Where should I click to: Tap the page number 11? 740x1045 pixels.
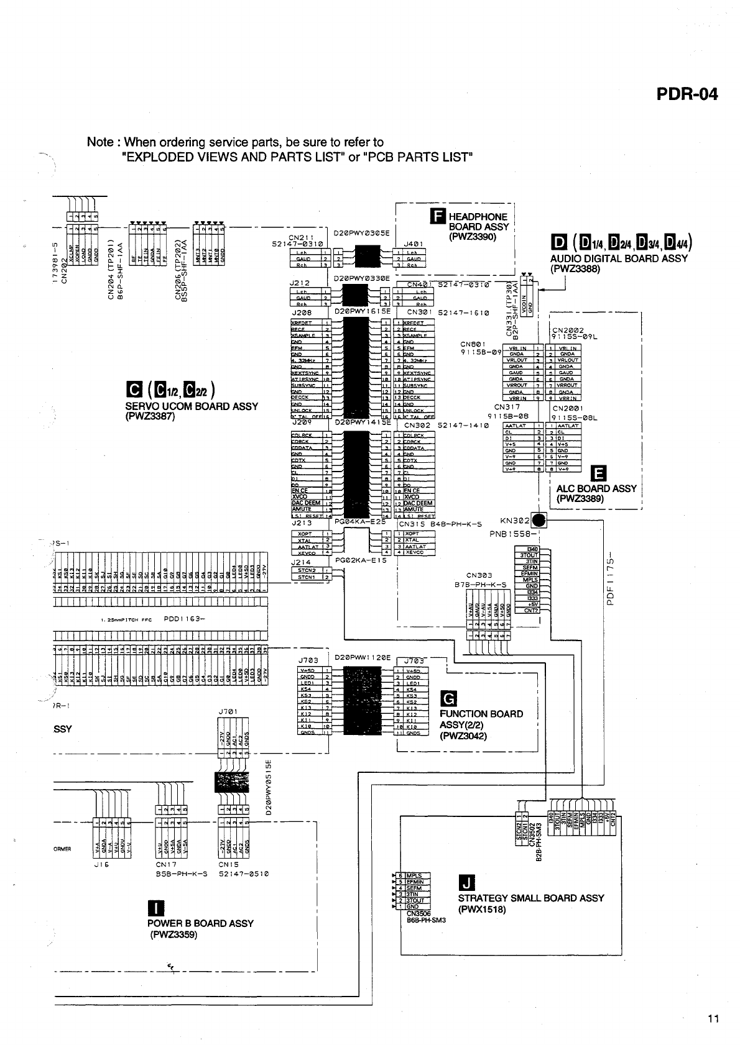click(x=713, y=1018)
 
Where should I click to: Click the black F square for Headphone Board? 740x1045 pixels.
click(x=437, y=216)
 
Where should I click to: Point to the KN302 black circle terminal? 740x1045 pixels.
click(x=539, y=520)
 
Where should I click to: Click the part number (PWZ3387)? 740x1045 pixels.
click(x=150, y=416)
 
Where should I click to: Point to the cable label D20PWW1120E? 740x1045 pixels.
click(x=363, y=657)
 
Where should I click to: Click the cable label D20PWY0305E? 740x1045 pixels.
click(x=361, y=234)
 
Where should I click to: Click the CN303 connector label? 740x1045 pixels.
click(x=479, y=575)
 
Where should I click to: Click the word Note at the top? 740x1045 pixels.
click(x=100, y=142)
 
